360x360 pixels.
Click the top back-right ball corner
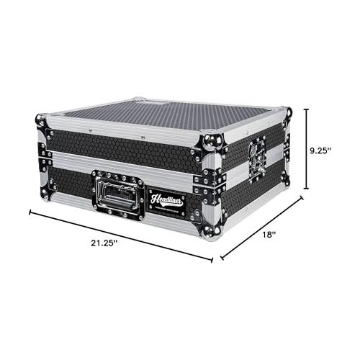(287, 113)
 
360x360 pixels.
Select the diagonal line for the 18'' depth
(261, 228)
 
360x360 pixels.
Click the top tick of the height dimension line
(307, 109)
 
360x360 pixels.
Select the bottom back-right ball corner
(286, 183)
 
